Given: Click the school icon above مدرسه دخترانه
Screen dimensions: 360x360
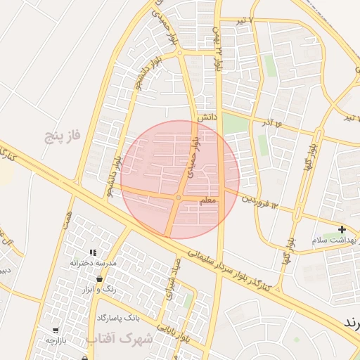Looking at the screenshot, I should tap(92, 252).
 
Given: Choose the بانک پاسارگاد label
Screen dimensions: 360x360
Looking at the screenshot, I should tap(117, 318).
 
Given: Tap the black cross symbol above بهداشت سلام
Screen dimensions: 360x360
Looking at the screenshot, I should tap(342, 229).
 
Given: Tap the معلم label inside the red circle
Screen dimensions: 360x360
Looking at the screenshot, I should tap(210, 201).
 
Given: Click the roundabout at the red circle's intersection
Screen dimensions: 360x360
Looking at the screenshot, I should tap(179, 198).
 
